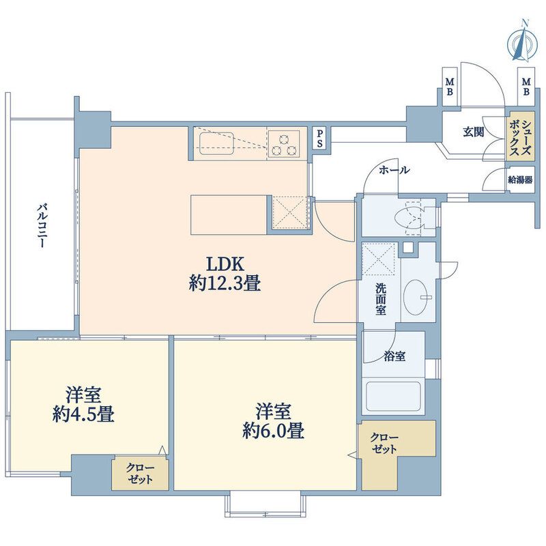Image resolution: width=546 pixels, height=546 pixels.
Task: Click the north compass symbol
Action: [522, 42]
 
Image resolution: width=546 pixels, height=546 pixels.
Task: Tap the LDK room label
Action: [225, 265]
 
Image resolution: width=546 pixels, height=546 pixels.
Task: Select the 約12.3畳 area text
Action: [225, 283]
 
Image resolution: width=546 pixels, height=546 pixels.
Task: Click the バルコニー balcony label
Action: [42, 226]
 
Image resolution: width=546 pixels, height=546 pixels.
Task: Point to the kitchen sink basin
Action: [216, 143]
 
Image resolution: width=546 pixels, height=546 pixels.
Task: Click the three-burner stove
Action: [285, 145]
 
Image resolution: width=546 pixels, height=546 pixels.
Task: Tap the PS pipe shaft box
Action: [319, 139]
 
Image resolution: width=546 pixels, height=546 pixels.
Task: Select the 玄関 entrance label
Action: [473, 132]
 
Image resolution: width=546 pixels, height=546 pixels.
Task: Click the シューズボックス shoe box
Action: [520, 136]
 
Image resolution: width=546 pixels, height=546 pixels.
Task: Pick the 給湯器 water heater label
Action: [520, 180]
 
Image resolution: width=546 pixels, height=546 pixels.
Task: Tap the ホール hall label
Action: [394, 170]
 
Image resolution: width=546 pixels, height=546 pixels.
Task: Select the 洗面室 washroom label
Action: [381, 299]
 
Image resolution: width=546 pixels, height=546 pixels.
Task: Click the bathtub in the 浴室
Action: [394, 397]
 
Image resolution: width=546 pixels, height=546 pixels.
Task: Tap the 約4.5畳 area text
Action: [83, 414]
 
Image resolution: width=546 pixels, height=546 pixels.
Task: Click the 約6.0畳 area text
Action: [274, 431]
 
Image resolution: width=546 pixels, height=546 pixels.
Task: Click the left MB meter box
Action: [450, 87]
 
